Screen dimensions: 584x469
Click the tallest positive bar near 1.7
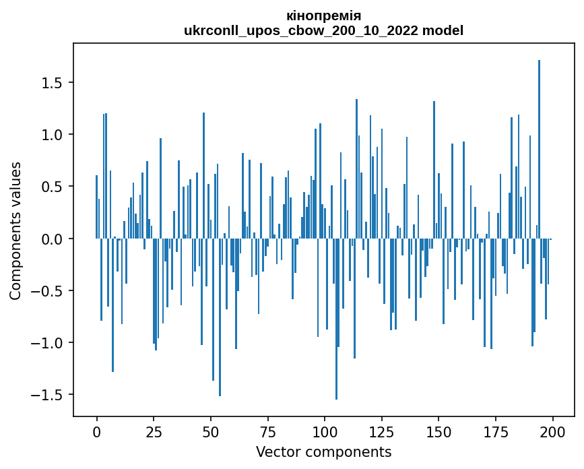539,149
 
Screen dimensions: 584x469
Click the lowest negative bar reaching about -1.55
336,319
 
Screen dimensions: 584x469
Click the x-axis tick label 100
325,433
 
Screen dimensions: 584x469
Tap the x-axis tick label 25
154,433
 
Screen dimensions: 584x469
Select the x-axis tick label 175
495,433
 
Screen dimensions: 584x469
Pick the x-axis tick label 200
552,433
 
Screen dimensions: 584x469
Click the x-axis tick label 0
97,433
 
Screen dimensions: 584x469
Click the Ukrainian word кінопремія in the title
323,16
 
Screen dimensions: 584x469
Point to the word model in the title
443,30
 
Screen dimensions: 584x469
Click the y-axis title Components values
15,231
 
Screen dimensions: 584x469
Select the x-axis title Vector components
323,452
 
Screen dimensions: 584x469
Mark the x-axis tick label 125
381,433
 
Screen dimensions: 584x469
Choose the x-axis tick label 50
210,433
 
